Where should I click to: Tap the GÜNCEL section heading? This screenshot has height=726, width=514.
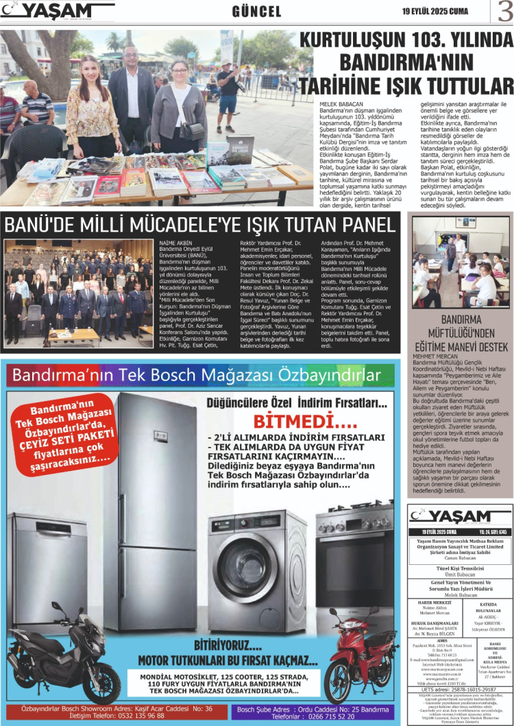pyautogui.click(x=257, y=12)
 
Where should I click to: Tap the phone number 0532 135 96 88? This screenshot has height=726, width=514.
pyautogui.click(x=131, y=716)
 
